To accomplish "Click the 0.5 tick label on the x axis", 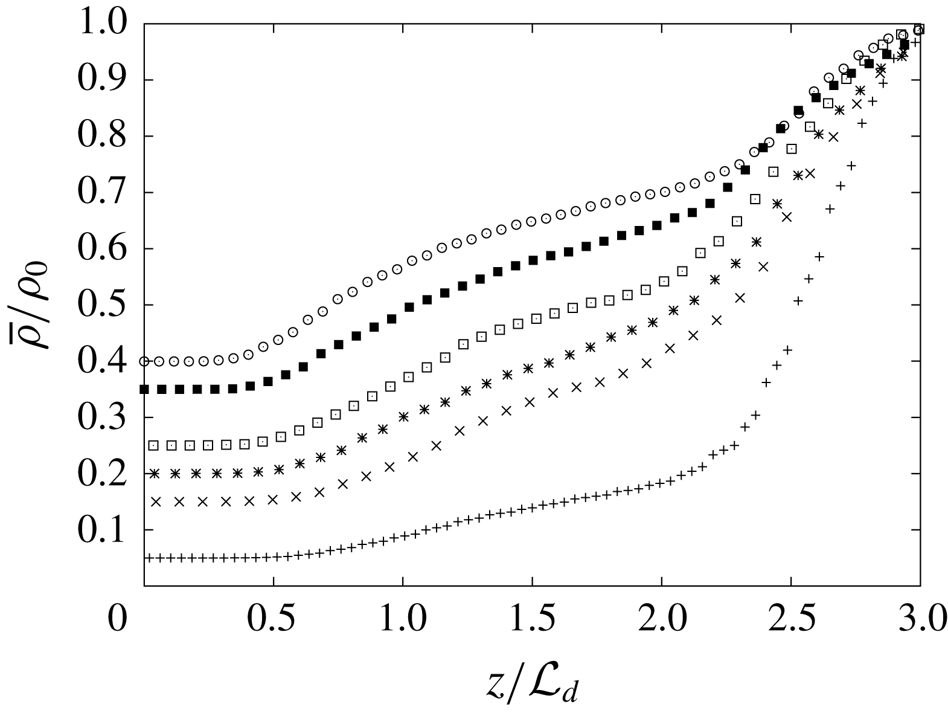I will tap(274, 621).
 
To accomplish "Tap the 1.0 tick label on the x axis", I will tap(403, 621).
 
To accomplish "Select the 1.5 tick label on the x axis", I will tap(532, 621).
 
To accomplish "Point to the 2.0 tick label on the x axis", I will tap(661, 621).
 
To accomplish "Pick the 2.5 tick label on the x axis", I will tap(790, 621).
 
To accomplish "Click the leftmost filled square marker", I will tap(144, 389).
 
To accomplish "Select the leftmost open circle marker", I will tap(144, 361).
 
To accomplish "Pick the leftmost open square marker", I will tap(153, 445).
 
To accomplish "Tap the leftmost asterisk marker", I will tap(155, 474).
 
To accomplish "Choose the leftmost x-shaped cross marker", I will tap(156, 502).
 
